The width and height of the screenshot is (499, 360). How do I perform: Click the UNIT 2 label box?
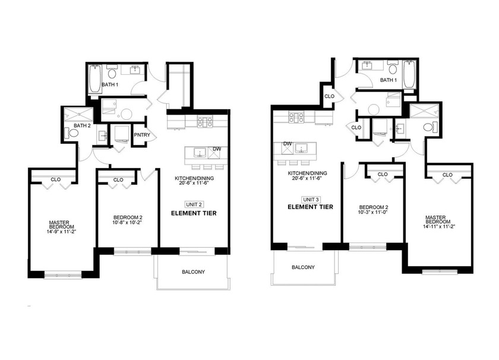tap(194, 204)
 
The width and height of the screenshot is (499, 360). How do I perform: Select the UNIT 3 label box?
tap(311, 199)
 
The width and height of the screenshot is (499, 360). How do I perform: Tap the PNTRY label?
tap(141, 135)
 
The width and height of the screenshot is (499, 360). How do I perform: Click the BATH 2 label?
tap(82, 125)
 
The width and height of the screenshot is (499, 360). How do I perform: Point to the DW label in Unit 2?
tap(217, 149)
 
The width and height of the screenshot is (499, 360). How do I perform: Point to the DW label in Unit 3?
tap(287, 144)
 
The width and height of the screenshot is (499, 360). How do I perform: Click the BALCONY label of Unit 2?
tap(193, 272)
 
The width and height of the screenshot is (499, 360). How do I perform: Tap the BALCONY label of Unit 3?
tap(303, 267)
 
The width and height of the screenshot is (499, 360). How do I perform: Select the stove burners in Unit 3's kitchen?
tap(296, 117)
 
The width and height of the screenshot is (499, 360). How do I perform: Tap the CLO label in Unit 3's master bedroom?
tap(447, 175)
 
